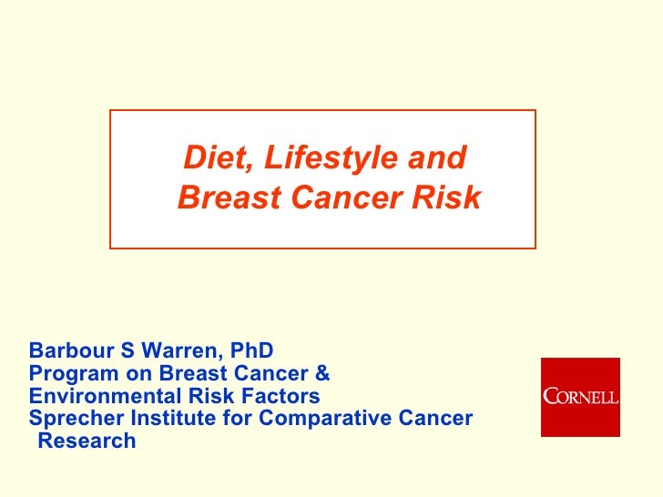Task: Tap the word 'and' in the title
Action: click(436, 158)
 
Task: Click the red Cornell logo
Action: click(580, 397)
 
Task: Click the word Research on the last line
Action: click(87, 441)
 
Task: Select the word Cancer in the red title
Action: click(341, 198)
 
